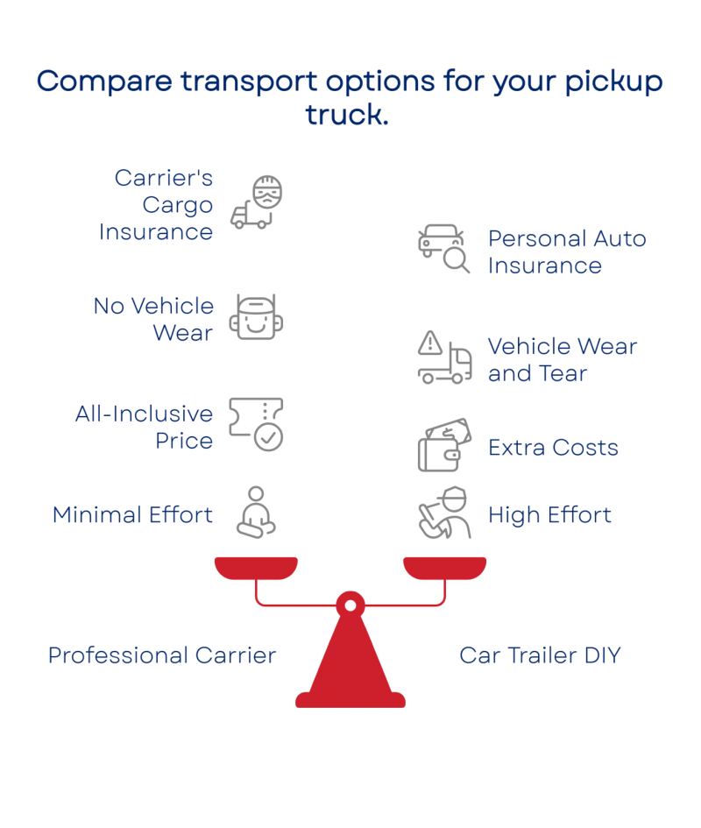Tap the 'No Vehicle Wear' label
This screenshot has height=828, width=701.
(153, 319)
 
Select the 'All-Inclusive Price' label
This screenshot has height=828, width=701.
(144, 428)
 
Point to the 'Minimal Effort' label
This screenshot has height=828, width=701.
(132, 515)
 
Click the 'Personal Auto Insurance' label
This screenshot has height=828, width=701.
(566, 251)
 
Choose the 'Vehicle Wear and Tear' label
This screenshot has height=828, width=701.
(562, 359)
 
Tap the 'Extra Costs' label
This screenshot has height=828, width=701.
(553, 448)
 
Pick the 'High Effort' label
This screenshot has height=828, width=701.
(549, 515)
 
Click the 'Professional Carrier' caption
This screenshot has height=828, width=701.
(163, 655)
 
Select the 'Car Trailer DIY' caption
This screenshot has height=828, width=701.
(539, 655)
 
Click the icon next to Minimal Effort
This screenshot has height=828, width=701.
(256, 513)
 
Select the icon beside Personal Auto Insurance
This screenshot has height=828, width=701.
(444, 250)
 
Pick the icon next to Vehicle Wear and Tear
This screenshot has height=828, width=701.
(444, 357)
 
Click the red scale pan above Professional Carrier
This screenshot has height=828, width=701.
(257, 566)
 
